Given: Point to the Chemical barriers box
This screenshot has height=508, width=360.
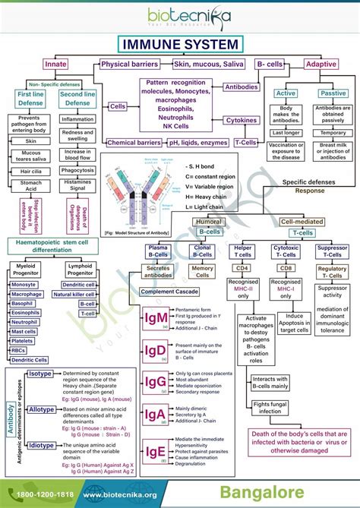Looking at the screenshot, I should [134, 142].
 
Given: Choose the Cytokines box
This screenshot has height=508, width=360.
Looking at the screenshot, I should [242, 120].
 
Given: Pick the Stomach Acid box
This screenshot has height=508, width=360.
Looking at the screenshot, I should [30, 186].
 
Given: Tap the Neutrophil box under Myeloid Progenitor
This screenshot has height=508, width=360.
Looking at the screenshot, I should [24, 322].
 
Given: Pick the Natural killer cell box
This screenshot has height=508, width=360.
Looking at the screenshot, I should [77, 293].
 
